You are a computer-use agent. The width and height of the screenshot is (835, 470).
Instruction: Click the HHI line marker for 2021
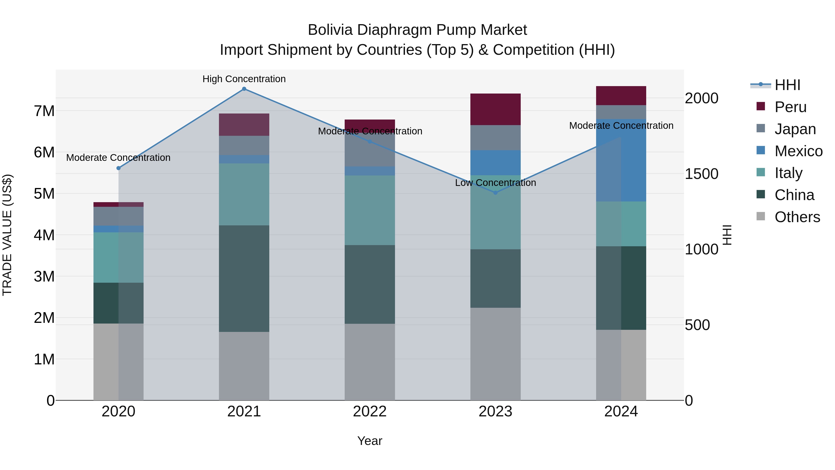[244, 89]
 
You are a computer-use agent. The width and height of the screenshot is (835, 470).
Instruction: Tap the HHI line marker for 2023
[495, 193]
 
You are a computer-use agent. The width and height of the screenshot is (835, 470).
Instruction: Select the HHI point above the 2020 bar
[118, 168]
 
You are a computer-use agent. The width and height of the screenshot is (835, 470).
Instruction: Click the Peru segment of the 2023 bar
[495, 109]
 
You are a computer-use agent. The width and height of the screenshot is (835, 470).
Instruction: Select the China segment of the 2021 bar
[244, 278]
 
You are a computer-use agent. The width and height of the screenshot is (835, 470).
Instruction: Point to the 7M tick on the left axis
[44, 111]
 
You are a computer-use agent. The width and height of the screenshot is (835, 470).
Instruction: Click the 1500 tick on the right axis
[701, 174]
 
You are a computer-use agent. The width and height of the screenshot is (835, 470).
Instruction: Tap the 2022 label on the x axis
[369, 412]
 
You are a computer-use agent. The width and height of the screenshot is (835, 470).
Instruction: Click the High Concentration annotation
[244, 79]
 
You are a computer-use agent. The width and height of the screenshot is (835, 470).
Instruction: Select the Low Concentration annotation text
[495, 183]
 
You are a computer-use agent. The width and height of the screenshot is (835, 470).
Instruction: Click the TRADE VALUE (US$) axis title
[7, 235]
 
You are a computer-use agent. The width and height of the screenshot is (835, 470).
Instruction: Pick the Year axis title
[369, 441]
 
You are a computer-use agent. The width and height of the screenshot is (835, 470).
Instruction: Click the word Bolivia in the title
[330, 30]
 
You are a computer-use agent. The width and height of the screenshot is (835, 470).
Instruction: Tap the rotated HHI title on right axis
[727, 235]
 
